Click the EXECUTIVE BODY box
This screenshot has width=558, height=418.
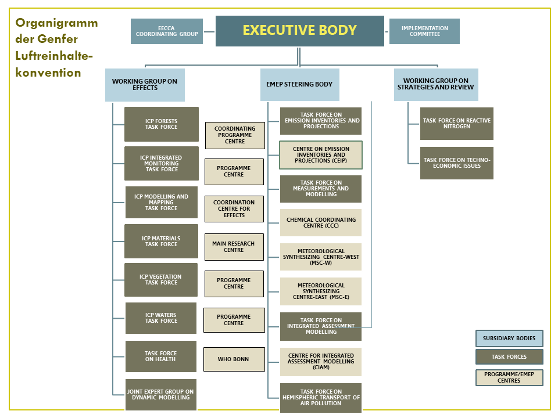[299, 31]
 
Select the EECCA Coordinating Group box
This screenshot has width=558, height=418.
[167, 31]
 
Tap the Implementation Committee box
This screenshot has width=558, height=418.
[424, 31]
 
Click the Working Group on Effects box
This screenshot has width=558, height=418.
[145, 85]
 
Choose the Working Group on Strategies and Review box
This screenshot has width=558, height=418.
[436, 85]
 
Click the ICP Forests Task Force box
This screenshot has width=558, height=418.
[162, 124]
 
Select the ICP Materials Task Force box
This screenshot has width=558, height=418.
[161, 242]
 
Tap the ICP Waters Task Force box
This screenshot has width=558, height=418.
[161, 318]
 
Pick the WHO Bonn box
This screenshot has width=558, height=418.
[234, 359]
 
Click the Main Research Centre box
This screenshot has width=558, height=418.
[234, 247]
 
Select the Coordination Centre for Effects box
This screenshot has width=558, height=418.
[234, 209]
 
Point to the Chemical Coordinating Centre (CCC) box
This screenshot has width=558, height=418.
[321, 223]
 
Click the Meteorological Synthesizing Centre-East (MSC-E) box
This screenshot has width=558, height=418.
[321, 291]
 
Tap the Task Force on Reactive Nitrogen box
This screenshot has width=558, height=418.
[457, 124]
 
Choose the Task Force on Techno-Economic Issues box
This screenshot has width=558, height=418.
[457, 163]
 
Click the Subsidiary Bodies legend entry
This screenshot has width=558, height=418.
[509, 338]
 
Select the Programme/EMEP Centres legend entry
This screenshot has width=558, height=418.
[509, 377]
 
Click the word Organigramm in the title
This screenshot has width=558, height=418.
[56, 23]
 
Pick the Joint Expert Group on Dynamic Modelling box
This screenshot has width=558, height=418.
[161, 395]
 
